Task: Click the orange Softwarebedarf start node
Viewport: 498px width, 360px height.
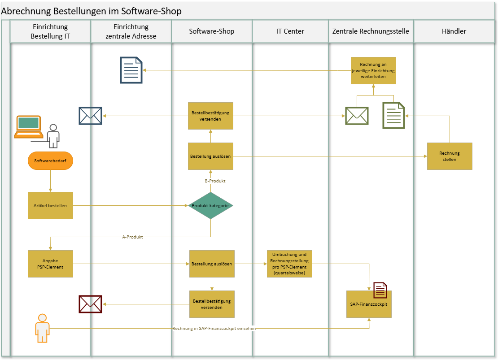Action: click(50, 160)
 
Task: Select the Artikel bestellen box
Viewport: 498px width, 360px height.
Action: click(50, 206)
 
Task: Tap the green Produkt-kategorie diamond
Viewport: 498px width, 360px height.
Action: click(210, 206)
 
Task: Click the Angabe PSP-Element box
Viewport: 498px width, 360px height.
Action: click(50, 264)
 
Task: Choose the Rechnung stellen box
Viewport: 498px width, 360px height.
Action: click(450, 156)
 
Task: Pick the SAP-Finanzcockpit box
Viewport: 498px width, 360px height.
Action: click(369, 304)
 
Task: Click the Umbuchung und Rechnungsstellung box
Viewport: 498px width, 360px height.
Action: click(289, 264)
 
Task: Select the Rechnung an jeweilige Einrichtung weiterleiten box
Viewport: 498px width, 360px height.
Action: click(373, 70)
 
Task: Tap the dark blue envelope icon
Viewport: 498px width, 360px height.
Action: click(90, 116)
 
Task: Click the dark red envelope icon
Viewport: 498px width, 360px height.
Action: click(90, 304)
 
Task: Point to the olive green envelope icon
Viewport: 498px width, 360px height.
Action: click(357, 116)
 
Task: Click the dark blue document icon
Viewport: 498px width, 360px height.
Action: click(131, 70)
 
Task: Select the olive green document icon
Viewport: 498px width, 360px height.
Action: click(393, 116)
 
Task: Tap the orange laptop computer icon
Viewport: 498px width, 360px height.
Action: click(29, 127)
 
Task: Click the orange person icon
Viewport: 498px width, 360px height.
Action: click(42, 328)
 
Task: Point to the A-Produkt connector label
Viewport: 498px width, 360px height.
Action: click(132, 237)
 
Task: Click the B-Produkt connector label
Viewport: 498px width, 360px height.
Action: click(215, 181)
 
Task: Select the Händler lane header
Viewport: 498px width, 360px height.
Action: click(454, 31)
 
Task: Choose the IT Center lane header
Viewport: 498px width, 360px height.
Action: click(290, 31)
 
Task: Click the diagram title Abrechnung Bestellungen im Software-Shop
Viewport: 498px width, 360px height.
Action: click(92, 11)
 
